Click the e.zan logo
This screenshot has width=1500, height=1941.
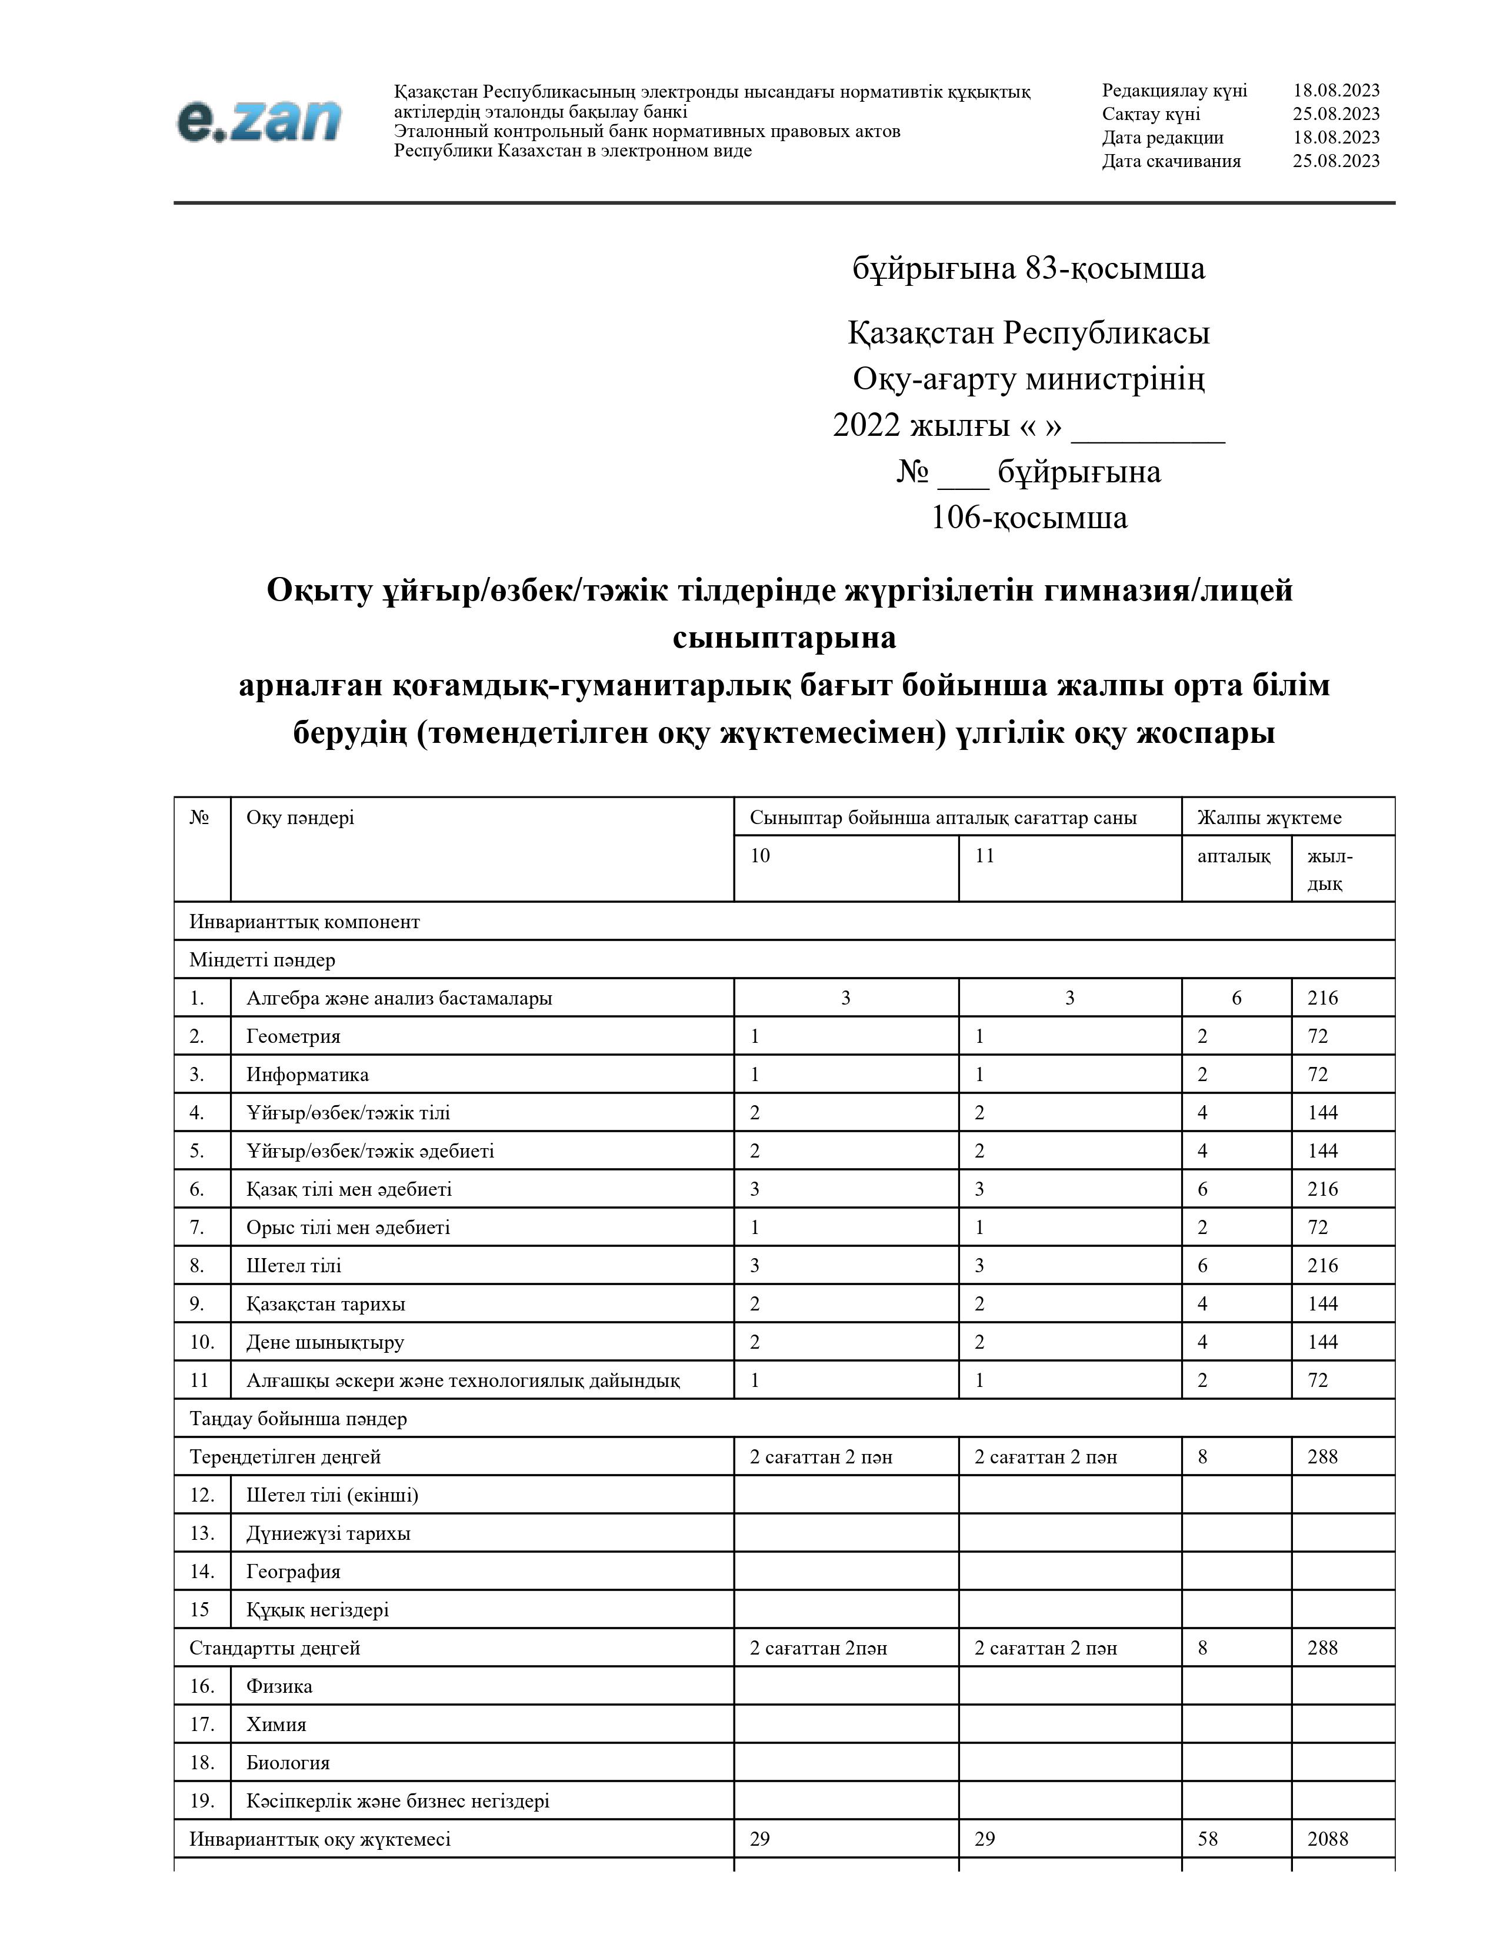(259, 121)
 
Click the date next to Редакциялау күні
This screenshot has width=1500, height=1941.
(1336, 91)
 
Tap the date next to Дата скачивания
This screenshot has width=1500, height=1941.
(1336, 161)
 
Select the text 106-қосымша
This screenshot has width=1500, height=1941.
(1028, 517)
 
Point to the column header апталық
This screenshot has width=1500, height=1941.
(1234, 856)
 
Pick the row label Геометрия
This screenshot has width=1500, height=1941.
(294, 1036)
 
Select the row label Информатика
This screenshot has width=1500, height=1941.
(308, 1075)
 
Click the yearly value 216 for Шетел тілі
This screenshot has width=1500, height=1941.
(1322, 1266)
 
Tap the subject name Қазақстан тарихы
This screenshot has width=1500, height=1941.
(325, 1304)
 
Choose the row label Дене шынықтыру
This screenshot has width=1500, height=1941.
(325, 1342)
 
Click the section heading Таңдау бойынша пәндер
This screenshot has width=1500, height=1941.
(298, 1419)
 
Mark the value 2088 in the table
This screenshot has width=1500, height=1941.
(1328, 1839)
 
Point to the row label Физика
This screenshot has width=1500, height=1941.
(279, 1686)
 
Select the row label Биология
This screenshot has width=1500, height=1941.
(288, 1762)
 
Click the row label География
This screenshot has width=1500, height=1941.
(294, 1571)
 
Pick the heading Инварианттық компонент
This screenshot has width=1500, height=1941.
(304, 922)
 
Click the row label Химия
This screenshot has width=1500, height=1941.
(276, 1724)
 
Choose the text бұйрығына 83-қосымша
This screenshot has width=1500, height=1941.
(1028, 268)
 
